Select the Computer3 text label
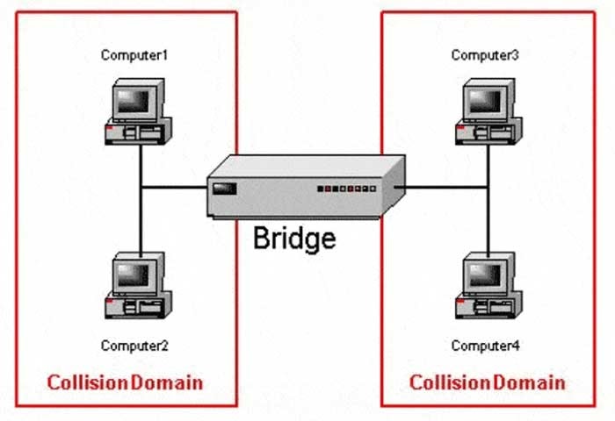click(485, 55)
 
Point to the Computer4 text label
click(485, 345)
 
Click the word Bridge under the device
click(294, 238)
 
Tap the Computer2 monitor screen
click(134, 275)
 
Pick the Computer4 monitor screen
click(484, 275)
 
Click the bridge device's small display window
click(226, 187)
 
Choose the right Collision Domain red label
click(488, 382)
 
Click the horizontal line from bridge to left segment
click(174, 187)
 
